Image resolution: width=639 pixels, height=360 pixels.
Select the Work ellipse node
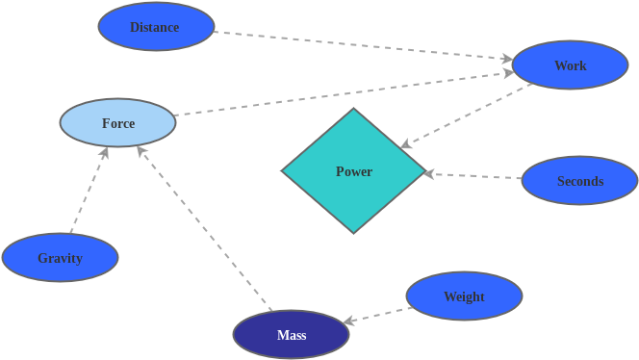(x=570, y=65)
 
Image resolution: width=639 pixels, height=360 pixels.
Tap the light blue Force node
(x=117, y=123)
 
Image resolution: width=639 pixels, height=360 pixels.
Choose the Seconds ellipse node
(x=579, y=181)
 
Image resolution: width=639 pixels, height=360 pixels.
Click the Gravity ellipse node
(x=60, y=258)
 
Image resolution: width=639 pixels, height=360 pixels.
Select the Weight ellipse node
(x=464, y=296)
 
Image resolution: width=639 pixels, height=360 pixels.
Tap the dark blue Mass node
(x=291, y=335)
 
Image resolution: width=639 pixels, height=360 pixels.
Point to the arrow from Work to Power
(x=467, y=116)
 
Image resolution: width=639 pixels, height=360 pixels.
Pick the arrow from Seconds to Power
(x=473, y=176)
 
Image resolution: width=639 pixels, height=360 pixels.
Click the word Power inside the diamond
(x=353, y=171)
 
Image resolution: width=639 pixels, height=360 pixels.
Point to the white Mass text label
(x=291, y=335)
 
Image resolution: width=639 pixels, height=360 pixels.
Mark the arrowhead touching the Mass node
(x=349, y=321)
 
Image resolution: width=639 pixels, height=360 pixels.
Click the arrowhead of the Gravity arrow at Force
(x=104, y=152)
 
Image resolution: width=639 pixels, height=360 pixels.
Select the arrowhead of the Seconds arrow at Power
(x=430, y=174)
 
